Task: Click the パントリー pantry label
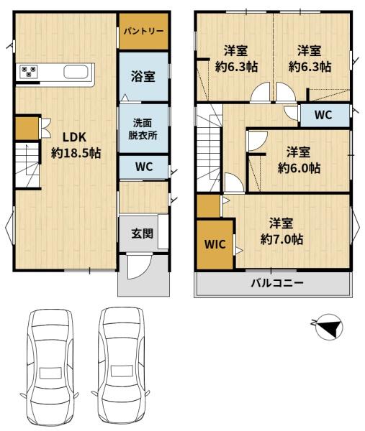143,31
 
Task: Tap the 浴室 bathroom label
143,76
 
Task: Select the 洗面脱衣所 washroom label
143,129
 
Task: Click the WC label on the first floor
144,167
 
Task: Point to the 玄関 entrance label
142,233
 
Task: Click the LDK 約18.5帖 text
76,145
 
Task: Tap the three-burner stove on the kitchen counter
28,72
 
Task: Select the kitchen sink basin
76,72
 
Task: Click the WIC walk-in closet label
215,244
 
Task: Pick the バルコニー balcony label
277,283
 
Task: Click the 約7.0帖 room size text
281,239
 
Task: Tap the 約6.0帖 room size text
299,167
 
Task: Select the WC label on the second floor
323,115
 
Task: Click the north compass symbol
329,327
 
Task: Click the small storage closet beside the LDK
27,129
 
